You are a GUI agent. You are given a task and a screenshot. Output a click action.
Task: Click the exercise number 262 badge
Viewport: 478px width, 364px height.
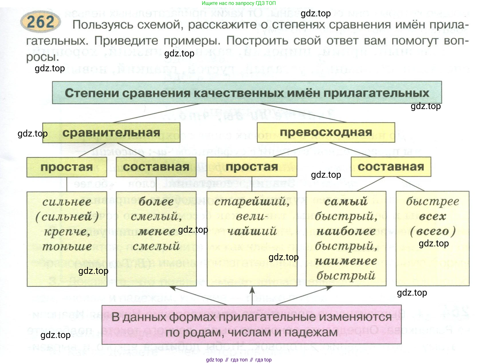click(40, 22)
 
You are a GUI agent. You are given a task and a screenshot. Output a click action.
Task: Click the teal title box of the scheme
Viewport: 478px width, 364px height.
click(247, 92)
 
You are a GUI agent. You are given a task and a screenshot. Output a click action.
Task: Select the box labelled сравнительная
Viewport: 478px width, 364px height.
click(111, 132)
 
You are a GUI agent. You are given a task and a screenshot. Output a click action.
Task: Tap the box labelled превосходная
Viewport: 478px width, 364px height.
click(326, 132)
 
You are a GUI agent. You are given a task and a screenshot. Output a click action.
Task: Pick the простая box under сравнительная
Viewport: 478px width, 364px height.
click(67, 167)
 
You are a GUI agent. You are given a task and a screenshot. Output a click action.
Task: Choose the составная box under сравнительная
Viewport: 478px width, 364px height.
click(156, 167)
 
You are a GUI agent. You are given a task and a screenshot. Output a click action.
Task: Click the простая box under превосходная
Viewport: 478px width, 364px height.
click(252, 167)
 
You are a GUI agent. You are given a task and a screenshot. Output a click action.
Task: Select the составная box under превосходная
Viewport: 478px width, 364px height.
click(391, 167)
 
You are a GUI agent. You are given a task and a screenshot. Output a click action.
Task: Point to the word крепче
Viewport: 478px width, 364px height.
click(67, 232)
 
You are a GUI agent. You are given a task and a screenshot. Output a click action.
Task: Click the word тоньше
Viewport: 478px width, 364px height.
click(67, 246)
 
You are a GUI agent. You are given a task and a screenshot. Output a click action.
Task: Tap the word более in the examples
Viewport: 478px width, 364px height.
click(156, 202)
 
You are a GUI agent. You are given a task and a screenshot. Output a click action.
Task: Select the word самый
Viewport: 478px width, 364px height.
click(346, 202)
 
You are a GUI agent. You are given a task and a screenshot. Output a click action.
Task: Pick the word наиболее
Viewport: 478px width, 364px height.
click(346, 232)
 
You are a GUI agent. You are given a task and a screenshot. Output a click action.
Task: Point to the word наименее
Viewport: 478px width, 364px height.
click(346, 261)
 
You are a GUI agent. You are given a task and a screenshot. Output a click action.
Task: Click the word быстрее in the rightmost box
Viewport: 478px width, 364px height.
click(432, 202)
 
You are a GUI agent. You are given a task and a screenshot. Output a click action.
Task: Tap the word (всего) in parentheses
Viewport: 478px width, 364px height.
click(432, 232)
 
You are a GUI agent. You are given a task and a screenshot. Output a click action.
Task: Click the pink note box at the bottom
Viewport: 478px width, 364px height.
click(251, 325)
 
